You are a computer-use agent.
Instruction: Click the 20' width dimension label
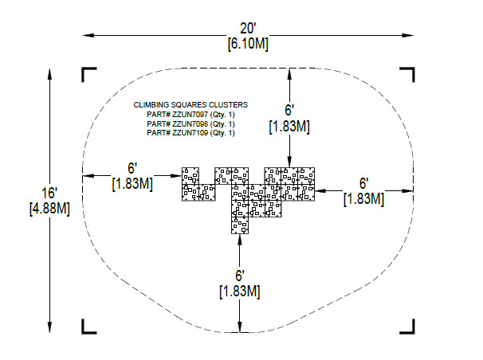pyautogui.click(x=248, y=29)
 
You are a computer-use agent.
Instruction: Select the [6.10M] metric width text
pyautogui.click(x=248, y=44)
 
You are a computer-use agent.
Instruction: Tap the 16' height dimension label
pyautogui.click(x=49, y=193)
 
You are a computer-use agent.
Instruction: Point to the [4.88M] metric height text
pyautogui.click(x=49, y=209)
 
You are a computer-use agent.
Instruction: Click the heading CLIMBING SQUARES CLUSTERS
pyautogui.click(x=190, y=105)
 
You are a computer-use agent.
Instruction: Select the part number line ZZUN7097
pyautogui.click(x=190, y=115)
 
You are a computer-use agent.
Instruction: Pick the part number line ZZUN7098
pyautogui.click(x=190, y=123)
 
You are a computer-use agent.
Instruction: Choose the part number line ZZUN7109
pyautogui.click(x=190, y=133)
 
